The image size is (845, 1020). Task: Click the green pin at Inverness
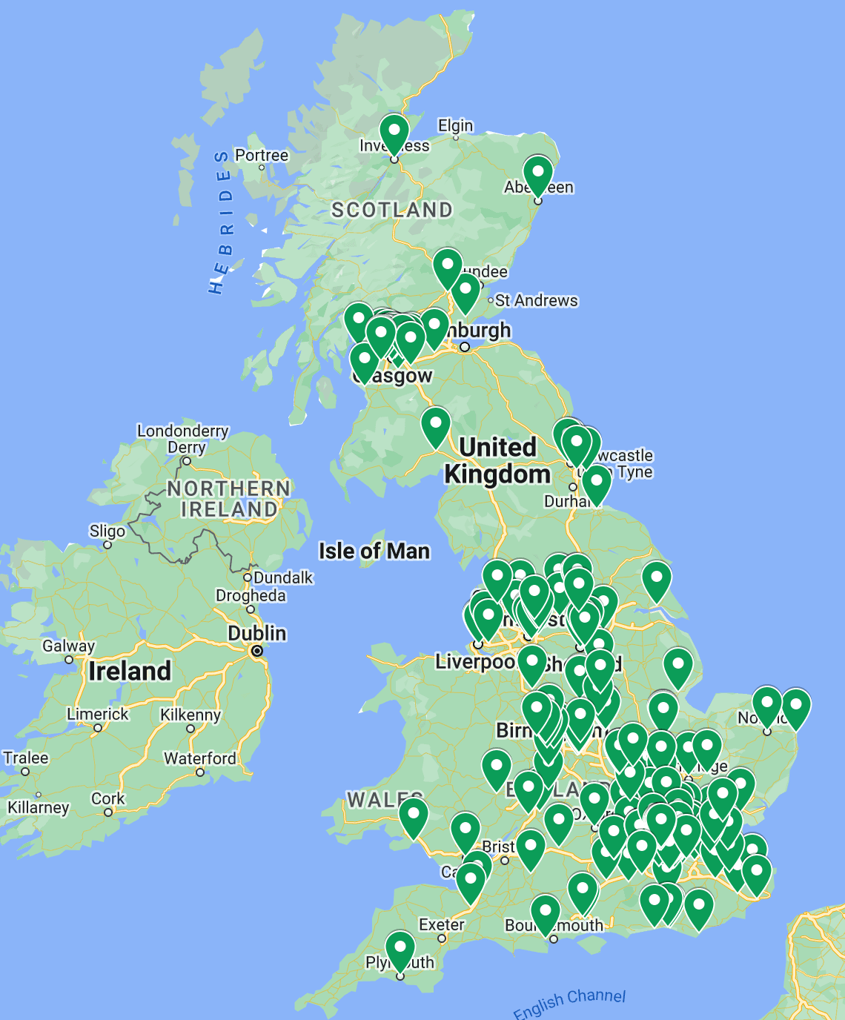point(394,131)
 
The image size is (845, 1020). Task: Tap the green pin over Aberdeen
point(538,173)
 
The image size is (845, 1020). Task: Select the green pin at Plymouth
point(400,949)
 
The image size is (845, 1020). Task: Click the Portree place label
point(261,155)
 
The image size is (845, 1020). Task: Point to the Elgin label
point(455,125)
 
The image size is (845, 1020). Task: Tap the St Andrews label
point(536,300)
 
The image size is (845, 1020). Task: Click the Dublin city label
point(256,633)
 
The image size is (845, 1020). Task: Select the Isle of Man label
point(374,551)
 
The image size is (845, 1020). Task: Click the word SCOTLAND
point(391,211)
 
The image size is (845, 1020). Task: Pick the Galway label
point(68,646)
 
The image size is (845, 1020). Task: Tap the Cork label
point(108,798)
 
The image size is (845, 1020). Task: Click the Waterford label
point(199,758)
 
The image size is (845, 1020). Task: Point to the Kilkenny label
point(190,715)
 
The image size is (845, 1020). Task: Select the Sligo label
point(107,531)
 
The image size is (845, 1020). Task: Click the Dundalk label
point(283,577)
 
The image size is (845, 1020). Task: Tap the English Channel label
point(569,1004)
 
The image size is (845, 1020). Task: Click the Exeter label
point(441,924)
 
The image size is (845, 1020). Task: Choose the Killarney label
point(39,807)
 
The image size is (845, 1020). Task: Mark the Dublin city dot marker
point(256,651)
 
